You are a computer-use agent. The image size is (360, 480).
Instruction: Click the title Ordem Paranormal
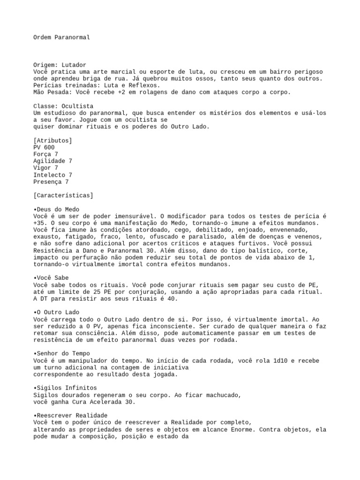[x=61, y=37]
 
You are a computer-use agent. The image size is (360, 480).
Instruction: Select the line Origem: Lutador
[x=60, y=65]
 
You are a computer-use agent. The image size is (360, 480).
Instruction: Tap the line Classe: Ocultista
[x=63, y=106]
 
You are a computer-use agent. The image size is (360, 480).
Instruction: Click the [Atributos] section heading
[x=52, y=141]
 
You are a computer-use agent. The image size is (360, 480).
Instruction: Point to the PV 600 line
[x=44, y=148]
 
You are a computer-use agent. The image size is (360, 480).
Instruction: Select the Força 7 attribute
[x=46, y=154]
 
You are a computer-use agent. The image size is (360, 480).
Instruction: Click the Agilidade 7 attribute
[x=52, y=161]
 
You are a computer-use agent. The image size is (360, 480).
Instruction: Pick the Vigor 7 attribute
[x=46, y=168]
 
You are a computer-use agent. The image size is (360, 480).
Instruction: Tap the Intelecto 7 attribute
[x=52, y=175]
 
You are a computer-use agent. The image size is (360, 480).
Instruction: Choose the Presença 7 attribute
[x=51, y=182]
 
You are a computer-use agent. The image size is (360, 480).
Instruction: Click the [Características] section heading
[x=63, y=195]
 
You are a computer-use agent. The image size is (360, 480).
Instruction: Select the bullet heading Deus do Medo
[x=57, y=210]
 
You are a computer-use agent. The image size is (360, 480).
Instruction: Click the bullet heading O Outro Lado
[x=57, y=312]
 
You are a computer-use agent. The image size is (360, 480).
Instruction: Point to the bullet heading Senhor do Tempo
[x=62, y=353]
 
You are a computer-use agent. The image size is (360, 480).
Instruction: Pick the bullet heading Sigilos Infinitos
[x=65, y=388]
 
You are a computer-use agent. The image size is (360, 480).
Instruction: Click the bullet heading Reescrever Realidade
[x=71, y=415]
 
